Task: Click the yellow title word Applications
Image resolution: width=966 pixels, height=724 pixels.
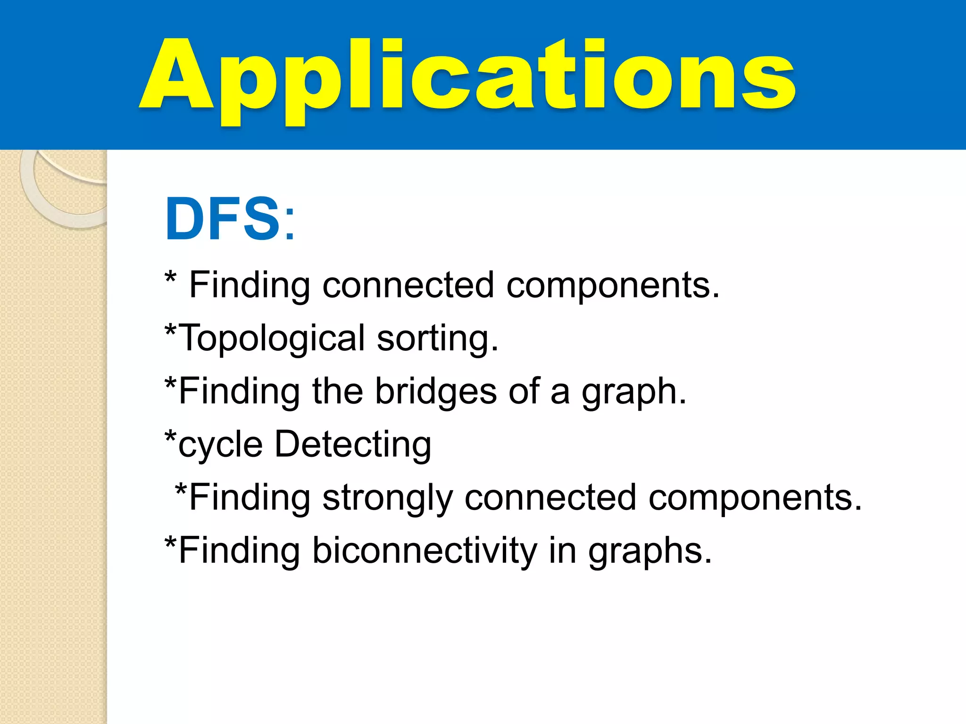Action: click(x=467, y=78)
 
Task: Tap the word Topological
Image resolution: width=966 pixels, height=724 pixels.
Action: click(x=273, y=338)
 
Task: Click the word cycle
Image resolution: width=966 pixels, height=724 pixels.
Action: click(x=220, y=445)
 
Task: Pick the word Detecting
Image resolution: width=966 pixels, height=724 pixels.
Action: click(x=353, y=445)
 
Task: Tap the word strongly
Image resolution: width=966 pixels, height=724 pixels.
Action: click(x=387, y=499)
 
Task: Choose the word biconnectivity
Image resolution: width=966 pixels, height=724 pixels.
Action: click(x=425, y=551)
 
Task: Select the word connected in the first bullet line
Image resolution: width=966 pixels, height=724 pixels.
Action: click(x=408, y=286)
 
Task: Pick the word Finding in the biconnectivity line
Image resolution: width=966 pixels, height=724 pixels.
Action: click(x=239, y=551)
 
